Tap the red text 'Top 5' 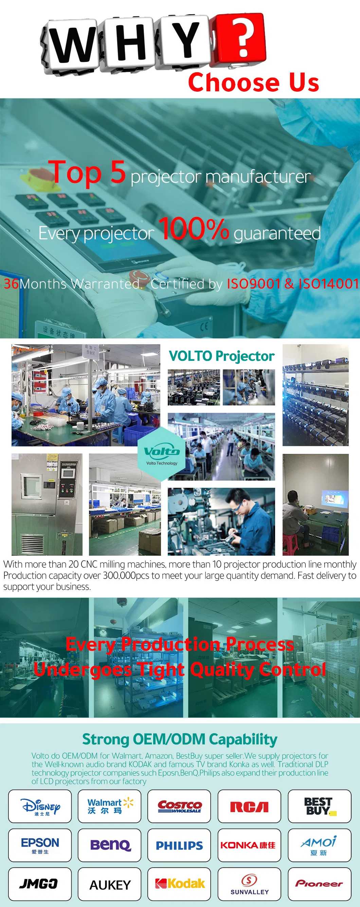pos(87,172)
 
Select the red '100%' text pos(194,228)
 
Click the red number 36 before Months pos(11,284)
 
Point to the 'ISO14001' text pos(328,284)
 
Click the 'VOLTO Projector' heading pos(221,356)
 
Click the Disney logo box pos(40,806)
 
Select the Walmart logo pos(109,806)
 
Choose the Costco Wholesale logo pos(179,806)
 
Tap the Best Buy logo pos(319,806)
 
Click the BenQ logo pos(109,845)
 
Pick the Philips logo pos(179,845)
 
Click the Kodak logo pos(179,884)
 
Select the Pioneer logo pos(319,884)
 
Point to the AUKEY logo pos(109,885)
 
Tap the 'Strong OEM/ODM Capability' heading pos(180,739)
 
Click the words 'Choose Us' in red pos(253,83)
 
